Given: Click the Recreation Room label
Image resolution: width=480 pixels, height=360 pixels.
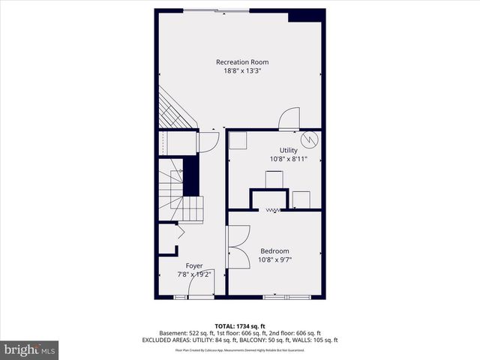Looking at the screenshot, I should [x=242, y=62].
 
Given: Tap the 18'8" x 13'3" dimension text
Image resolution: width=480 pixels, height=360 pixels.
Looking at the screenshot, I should [x=242, y=71].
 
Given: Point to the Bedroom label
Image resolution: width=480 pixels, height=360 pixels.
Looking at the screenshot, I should [x=274, y=250].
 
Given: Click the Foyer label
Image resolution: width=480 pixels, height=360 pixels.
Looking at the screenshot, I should [x=194, y=265].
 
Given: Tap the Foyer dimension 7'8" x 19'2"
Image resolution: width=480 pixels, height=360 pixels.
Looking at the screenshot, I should [x=194, y=274].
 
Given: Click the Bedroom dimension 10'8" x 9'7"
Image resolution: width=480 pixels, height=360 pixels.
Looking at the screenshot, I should [x=274, y=259].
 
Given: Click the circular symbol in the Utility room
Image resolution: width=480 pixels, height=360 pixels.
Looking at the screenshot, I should [x=309, y=139].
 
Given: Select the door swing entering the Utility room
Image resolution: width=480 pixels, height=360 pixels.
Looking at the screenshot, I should [x=289, y=118].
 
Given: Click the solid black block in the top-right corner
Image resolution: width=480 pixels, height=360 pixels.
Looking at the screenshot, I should [x=306, y=16].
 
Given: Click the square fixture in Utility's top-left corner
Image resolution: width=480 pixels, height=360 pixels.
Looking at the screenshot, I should [x=238, y=141].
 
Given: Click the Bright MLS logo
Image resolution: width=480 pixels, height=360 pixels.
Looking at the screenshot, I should [x=30, y=349].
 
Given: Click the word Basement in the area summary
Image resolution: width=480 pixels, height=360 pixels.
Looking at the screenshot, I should [x=173, y=333].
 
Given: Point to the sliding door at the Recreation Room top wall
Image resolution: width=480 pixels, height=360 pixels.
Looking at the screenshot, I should [x=218, y=10].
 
